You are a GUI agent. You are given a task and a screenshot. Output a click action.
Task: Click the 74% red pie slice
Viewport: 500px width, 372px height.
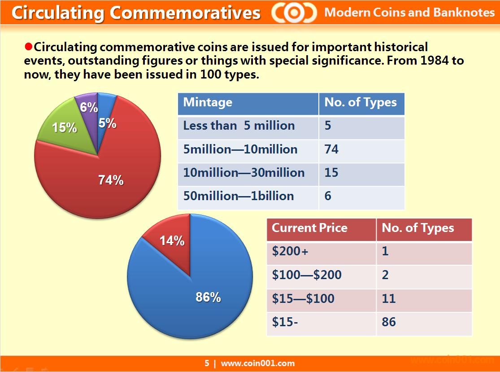[x=108, y=179]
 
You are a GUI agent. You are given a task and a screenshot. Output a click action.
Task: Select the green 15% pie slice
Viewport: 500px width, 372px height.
[x=63, y=128]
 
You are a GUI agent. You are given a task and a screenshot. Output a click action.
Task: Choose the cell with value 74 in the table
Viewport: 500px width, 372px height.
[x=331, y=149]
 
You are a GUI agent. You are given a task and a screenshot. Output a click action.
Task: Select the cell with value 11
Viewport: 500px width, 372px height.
[x=389, y=298]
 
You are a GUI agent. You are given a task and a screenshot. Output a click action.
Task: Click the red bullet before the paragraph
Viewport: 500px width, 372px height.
[x=28, y=46]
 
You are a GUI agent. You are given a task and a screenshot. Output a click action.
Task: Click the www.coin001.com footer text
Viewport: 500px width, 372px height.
[x=257, y=363]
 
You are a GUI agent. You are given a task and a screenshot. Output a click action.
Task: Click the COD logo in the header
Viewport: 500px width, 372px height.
[x=294, y=13]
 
